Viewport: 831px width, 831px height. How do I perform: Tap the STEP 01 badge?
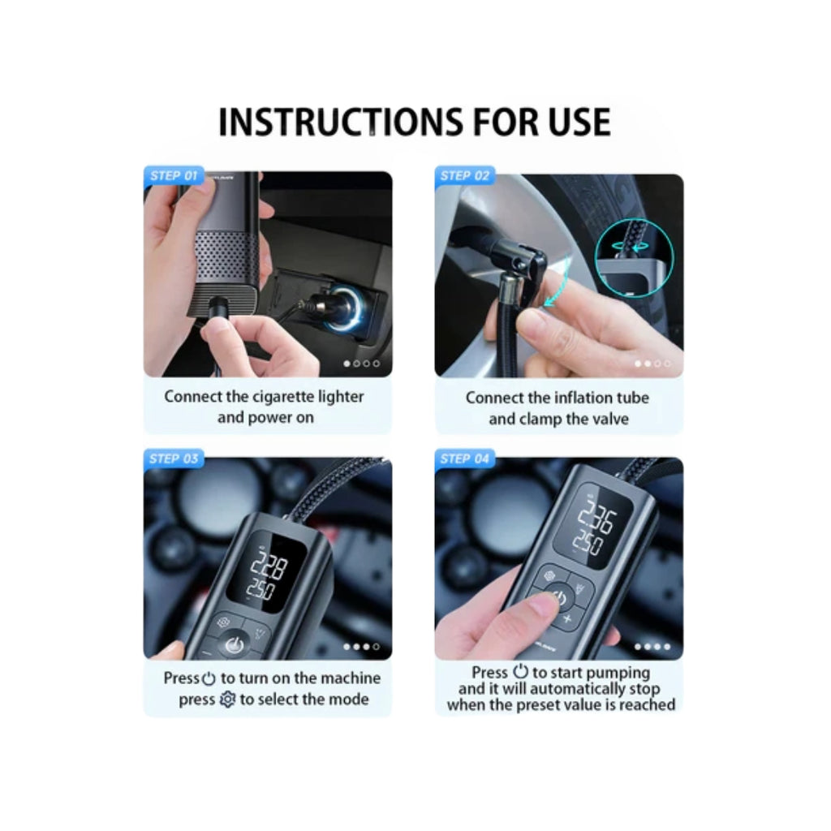tap(173, 175)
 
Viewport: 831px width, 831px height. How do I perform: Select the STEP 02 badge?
tap(465, 175)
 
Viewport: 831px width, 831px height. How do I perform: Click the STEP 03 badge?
tap(173, 459)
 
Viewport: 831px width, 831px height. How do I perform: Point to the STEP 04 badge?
tap(465, 459)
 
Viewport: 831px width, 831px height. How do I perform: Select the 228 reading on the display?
tap(268, 566)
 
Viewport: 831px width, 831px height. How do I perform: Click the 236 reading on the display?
tap(596, 517)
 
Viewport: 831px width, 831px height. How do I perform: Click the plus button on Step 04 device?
tap(566, 619)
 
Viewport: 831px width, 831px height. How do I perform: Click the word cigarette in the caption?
tap(292, 397)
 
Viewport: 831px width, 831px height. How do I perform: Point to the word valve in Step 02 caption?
tap(611, 419)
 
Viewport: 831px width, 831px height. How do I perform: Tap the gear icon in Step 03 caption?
tap(227, 700)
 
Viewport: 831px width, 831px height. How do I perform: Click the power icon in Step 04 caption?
tap(520, 672)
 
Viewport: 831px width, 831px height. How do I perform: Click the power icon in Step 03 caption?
tap(209, 678)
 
